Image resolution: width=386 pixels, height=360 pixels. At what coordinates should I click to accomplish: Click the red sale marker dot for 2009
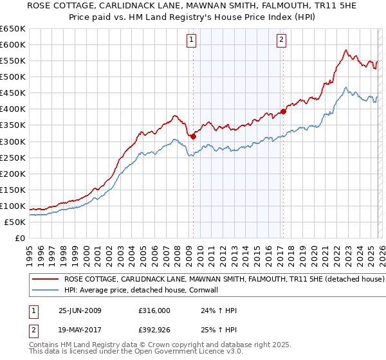click(x=193, y=136)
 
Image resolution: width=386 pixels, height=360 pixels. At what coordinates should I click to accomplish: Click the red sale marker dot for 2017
click(x=283, y=111)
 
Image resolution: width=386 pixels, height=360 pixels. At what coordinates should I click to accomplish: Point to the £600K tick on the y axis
click(x=13, y=44)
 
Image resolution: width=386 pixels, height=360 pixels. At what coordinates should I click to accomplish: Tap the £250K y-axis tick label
click(x=13, y=157)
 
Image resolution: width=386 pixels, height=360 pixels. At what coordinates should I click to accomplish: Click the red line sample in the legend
click(x=46, y=280)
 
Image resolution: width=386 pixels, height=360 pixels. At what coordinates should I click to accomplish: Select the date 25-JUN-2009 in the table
click(x=80, y=310)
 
